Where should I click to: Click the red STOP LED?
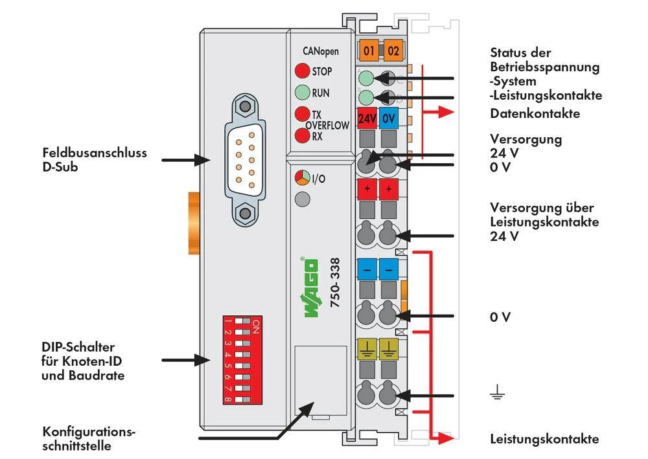coord(301,71)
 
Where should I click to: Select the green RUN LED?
coord(301,93)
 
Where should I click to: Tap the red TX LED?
coord(301,114)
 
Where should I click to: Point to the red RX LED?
coord(301,136)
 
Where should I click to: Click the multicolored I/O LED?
coord(301,177)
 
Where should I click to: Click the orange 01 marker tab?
coord(369,50)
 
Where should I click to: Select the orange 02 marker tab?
coord(393,50)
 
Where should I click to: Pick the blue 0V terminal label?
coord(389,119)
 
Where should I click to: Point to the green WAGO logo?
coord(310,289)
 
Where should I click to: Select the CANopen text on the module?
coord(320,51)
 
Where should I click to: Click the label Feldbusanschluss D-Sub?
coord(95,159)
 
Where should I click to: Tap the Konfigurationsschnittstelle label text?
coord(89,438)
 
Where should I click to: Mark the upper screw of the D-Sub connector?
coord(244,106)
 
